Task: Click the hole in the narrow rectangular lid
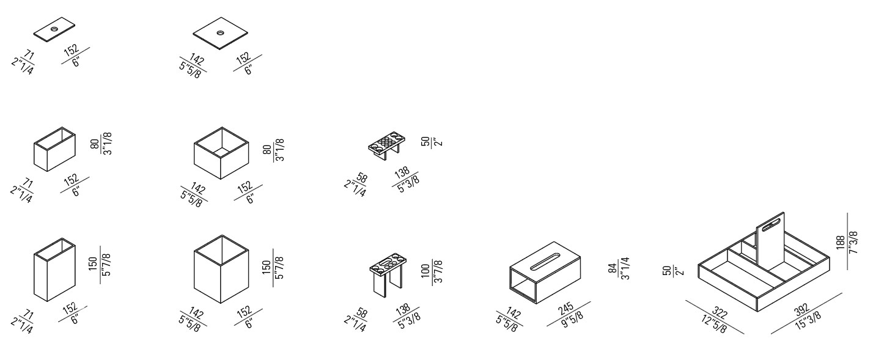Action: tap(54, 29)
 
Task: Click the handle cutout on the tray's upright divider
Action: tap(772, 221)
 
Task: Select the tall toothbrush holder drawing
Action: tap(387, 277)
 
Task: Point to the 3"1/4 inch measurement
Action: tap(626, 268)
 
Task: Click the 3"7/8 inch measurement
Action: tap(438, 271)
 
